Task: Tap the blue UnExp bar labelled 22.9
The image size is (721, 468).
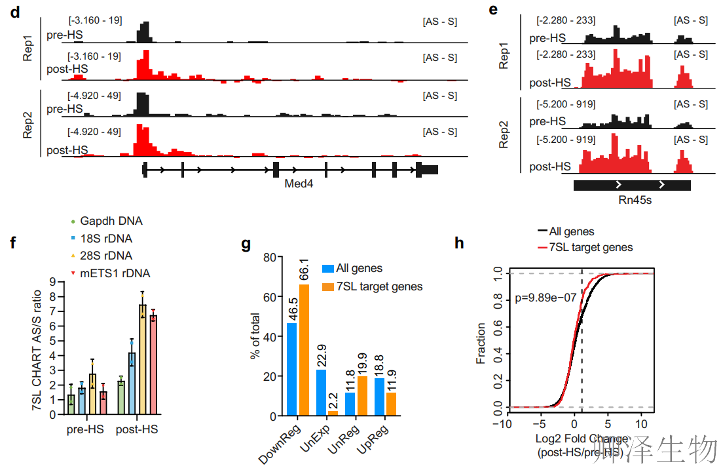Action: point(321,393)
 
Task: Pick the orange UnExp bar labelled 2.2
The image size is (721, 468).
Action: point(333,413)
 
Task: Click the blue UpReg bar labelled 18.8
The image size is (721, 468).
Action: point(379,397)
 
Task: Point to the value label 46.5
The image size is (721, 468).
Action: point(292,307)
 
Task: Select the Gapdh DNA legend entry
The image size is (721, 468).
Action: point(107,221)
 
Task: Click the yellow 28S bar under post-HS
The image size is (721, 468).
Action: point(142,359)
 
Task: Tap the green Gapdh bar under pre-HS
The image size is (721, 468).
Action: point(71,404)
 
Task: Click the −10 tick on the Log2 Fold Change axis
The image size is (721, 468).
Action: point(502,423)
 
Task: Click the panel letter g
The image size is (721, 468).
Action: point(246,244)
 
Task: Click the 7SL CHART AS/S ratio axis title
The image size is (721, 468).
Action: point(38,351)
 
